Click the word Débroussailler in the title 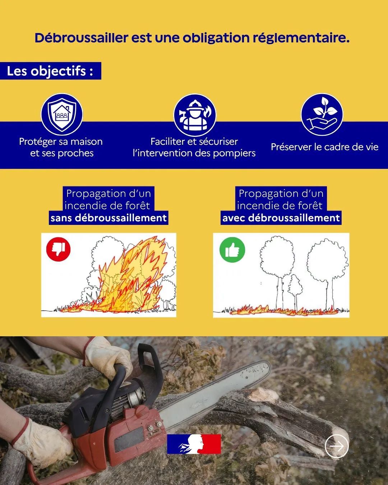coord(82,38)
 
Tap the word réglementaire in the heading coord(301,38)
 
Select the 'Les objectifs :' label coord(50,71)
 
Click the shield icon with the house coord(62,115)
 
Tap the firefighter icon coord(195,115)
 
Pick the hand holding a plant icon coord(322,115)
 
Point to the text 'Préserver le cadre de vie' coord(325,147)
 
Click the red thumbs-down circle coord(59,249)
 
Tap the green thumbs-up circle coord(232,250)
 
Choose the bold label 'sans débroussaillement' coord(108,218)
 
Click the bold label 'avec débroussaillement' coord(281,218)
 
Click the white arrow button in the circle coord(337,446)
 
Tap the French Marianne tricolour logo coord(194,444)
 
